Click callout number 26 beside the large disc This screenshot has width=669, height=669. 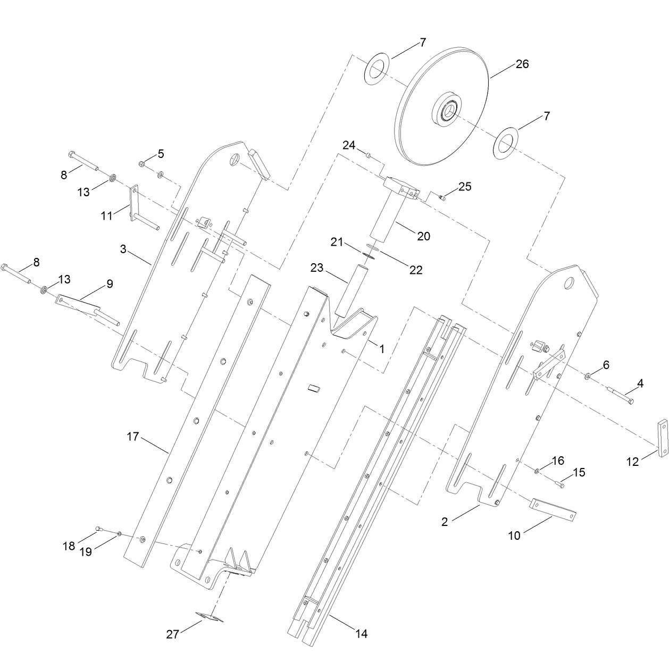pyautogui.click(x=522, y=64)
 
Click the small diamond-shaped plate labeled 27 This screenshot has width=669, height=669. pyautogui.click(x=210, y=617)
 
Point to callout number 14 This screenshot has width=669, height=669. pyautogui.click(x=362, y=633)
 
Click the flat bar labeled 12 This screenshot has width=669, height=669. pyautogui.click(x=662, y=438)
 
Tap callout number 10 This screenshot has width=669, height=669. pyautogui.click(x=514, y=536)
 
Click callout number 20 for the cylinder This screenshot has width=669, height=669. pyautogui.click(x=423, y=236)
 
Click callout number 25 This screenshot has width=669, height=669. pyautogui.click(x=465, y=187)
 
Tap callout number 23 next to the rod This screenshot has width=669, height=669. pyautogui.click(x=316, y=267)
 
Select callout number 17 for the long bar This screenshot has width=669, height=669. pyautogui.click(x=132, y=437)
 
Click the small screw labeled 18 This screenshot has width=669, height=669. pyautogui.click(x=99, y=529)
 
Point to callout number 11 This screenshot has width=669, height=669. pyautogui.click(x=106, y=215)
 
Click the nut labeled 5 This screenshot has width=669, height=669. pyautogui.click(x=141, y=163)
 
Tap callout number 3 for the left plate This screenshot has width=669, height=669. pyautogui.click(x=123, y=249)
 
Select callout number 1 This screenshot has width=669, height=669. pyautogui.click(x=382, y=349)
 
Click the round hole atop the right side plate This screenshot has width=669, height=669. pyautogui.click(x=569, y=283)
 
